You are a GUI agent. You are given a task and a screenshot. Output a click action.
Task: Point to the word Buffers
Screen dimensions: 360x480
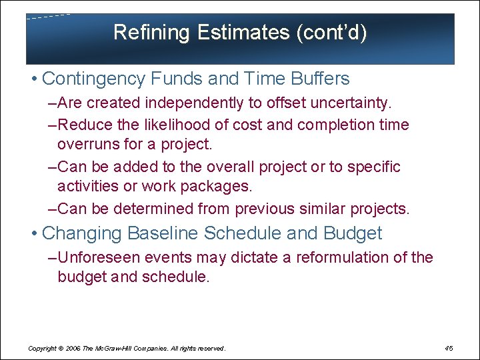pyautogui.click(x=320, y=79)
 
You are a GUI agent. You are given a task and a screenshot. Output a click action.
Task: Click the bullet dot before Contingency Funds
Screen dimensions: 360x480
pyautogui.click(x=33, y=79)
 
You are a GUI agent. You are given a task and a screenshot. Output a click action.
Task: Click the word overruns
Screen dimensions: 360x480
pyautogui.click(x=87, y=144)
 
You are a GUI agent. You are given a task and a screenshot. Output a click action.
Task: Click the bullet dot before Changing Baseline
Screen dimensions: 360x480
pyautogui.click(x=33, y=234)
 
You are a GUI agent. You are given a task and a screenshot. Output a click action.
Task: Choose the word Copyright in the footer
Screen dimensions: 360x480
pyautogui.click(x=41, y=349)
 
